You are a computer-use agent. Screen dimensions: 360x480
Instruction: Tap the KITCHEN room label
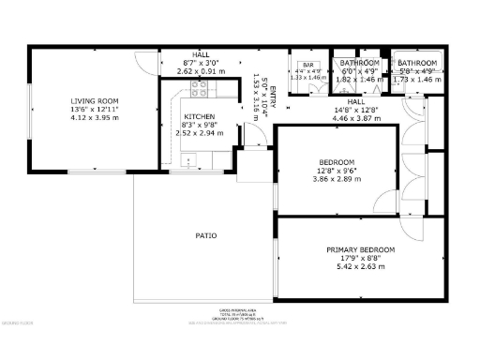click(x=199, y=117)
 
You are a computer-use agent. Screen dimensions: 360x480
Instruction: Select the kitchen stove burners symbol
click(x=199, y=89)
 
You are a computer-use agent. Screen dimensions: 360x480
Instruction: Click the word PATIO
click(x=206, y=235)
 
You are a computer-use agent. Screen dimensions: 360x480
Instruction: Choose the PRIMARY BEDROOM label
click(x=360, y=249)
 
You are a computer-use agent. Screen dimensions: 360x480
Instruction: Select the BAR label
click(x=306, y=62)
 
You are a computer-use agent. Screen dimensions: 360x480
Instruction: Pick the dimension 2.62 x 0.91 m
click(x=201, y=70)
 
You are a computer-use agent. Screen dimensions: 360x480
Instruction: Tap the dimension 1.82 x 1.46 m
click(x=359, y=79)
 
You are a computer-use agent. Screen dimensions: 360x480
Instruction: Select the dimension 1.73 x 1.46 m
click(x=417, y=79)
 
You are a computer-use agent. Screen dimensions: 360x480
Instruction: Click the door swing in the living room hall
click(x=145, y=64)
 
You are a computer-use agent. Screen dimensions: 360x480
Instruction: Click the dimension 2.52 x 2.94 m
click(x=199, y=133)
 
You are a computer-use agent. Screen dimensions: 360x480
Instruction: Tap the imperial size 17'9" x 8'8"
click(x=360, y=257)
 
